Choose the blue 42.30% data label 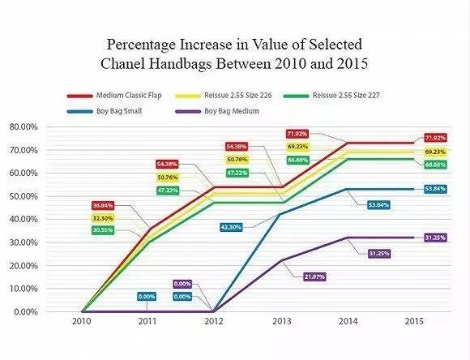[233, 228]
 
